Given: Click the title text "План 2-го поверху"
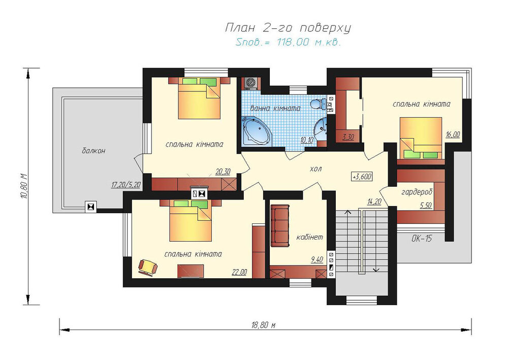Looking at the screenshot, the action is (288, 28).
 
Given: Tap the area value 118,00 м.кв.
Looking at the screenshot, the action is (308, 43).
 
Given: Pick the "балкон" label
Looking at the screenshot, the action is (93, 151).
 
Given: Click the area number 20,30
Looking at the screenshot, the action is (223, 172).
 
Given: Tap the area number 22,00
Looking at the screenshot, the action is (239, 272).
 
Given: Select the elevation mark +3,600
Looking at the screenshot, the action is (362, 177).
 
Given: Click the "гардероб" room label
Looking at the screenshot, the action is (417, 192).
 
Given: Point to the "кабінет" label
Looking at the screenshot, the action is (310, 237).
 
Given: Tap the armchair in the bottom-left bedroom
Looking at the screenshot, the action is (148, 268).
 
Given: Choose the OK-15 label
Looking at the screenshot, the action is (422, 239).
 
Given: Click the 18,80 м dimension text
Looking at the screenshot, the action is (263, 325).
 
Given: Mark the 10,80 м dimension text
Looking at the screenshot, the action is (24, 186).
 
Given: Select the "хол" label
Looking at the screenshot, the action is (316, 169).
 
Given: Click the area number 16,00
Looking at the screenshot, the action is (453, 135).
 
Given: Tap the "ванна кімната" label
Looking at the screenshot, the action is (275, 109).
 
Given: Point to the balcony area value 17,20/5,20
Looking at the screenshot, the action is (126, 185).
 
